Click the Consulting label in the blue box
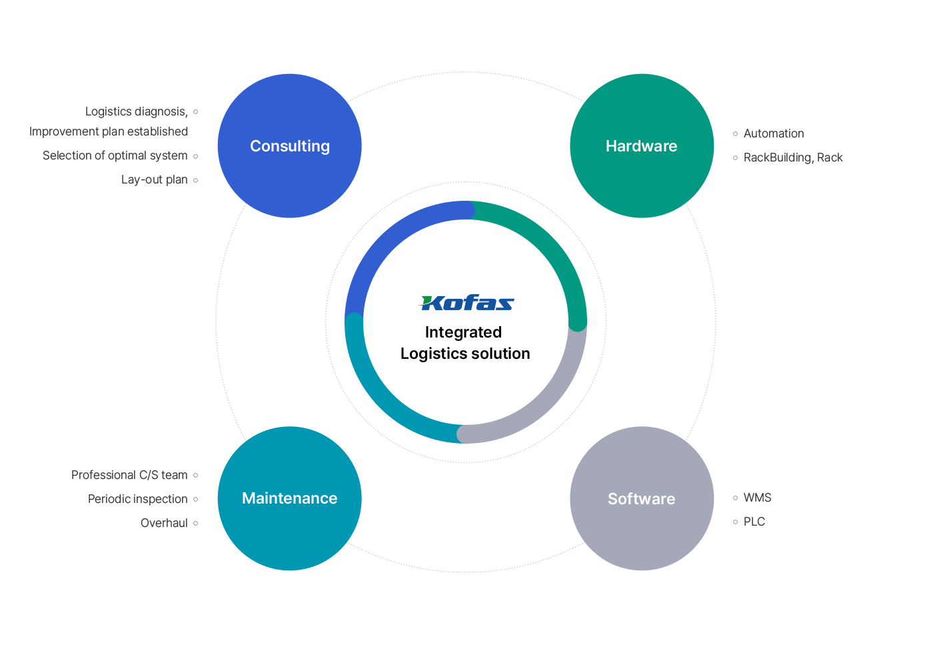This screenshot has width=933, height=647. pos(290,146)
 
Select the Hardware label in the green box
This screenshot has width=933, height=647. pos(641,146)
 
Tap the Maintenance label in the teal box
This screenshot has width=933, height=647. pos(289,498)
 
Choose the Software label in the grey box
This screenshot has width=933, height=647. pos(641,499)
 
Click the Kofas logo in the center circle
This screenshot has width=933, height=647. pos(467,303)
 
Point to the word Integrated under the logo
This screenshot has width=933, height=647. pos(463,332)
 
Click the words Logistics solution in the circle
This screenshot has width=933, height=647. pos(465,354)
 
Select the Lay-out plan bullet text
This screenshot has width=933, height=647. pos(155,180)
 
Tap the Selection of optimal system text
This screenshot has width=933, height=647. pos(115,156)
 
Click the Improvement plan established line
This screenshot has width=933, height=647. pos(109,132)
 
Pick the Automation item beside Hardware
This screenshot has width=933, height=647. pos(774,134)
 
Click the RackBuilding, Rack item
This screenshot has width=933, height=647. pos(793,158)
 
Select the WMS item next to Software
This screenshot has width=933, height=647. pos(757,498)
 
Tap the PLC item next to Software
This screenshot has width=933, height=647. pos(754,522)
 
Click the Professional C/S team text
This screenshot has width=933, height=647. pos(129,476)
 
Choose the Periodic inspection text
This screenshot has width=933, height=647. pos(137,500)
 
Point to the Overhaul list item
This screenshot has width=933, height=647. pos(163,524)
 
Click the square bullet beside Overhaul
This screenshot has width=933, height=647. pos(196,524)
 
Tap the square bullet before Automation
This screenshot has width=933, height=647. pos(736,134)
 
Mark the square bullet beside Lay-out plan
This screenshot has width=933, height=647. pos(196,180)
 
